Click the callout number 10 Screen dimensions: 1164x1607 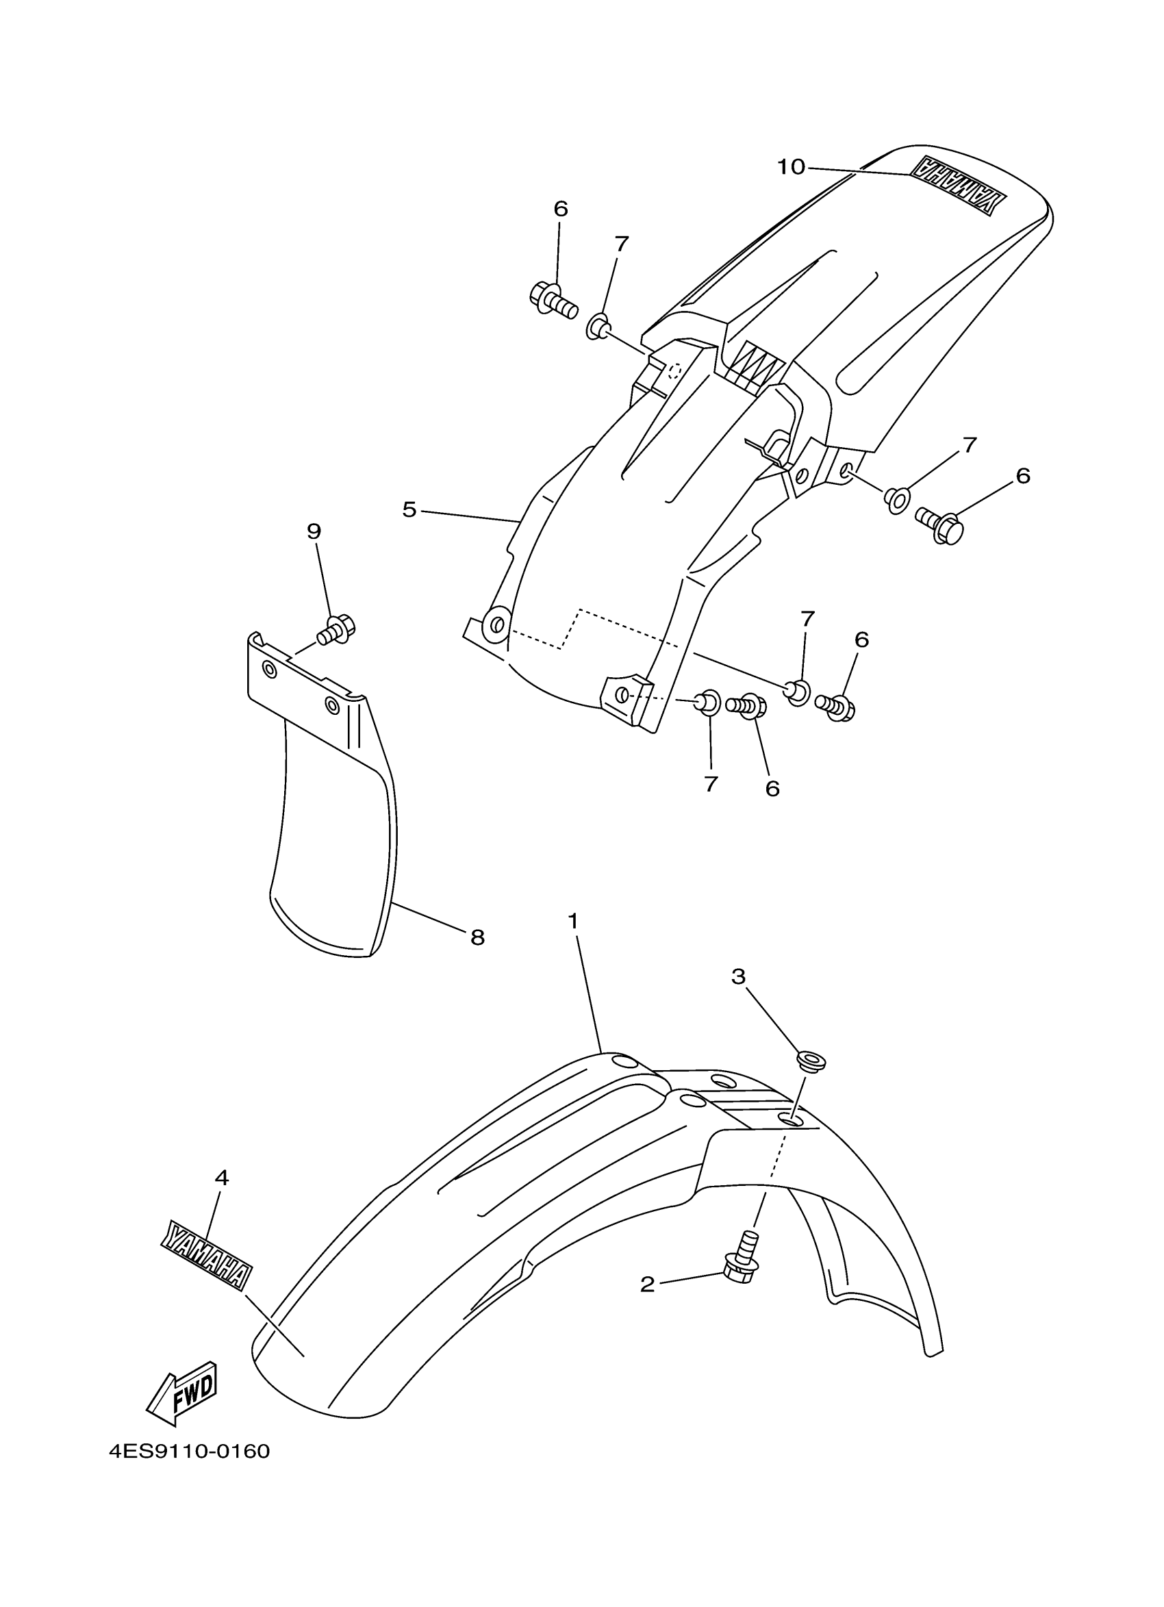(791, 167)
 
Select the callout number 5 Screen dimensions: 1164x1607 (409, 509)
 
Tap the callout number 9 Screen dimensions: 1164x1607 (314, 531)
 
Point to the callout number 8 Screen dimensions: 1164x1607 (477, 937)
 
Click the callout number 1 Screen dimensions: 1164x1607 (573, 921)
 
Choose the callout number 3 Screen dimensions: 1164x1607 (738, 976)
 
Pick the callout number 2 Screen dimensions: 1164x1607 (647, 1285)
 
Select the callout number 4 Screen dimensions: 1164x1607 (222, 1178)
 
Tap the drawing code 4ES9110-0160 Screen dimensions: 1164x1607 (189, 1452)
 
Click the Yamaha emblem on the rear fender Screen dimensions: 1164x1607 (957, 185)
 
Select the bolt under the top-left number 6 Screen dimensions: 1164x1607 (552, 301)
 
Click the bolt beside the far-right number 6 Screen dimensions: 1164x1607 (939, 526)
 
